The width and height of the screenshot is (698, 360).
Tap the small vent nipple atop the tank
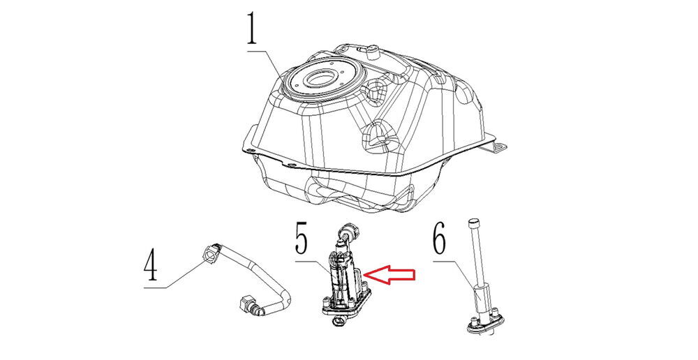click(372, 52)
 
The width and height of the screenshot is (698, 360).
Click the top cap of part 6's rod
click(473, 222)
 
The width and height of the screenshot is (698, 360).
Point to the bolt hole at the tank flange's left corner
click(252, 151)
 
